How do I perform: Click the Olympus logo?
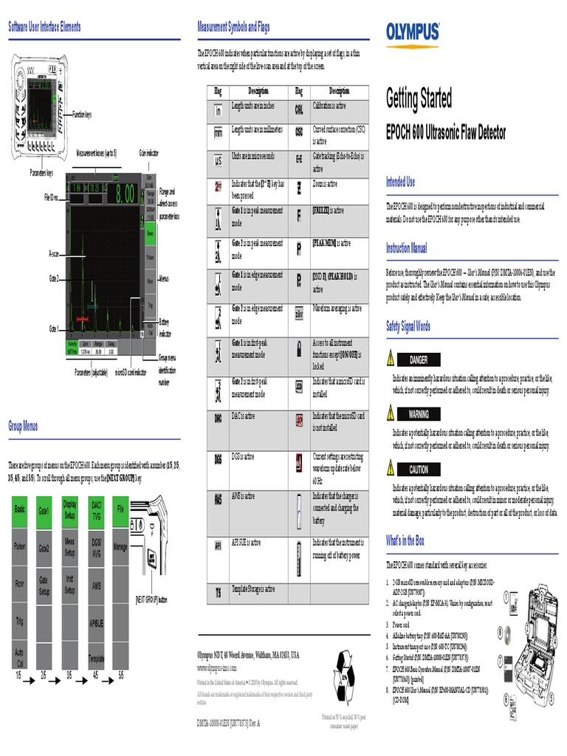tap(413, 32)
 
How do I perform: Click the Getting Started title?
tap(419, 98)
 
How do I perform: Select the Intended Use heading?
tap(401, 182)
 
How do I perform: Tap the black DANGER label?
tap(419, 360)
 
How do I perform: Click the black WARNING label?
tap(419, 414)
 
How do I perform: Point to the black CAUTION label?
tap(419, 470)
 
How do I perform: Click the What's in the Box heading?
tap(405, 541)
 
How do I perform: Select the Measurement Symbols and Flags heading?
tap(233, 27)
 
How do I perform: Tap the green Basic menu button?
tap(20, 511)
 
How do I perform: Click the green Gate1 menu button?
tap(44, 511)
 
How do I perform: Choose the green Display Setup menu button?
tap(69, 511)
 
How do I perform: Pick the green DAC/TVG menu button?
tap(96, 511)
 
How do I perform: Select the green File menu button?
tap(120, 511)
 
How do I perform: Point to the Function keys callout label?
tap(82, 115)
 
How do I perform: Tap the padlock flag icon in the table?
tap(299, 346)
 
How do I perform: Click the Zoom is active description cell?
tap(340, 187)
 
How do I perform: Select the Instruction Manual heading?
tap(406, 249)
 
